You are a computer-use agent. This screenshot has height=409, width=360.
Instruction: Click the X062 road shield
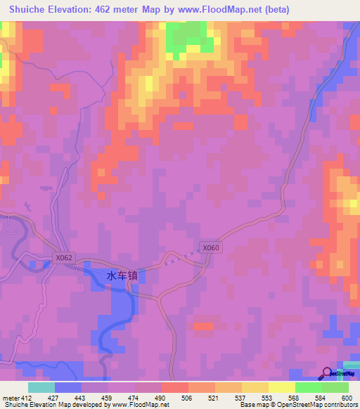(63, 258)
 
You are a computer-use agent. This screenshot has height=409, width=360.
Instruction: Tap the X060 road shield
(211, 247)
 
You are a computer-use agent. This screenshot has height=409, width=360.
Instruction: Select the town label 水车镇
(122, 276)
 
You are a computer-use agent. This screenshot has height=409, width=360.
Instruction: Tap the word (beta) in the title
(274, 10)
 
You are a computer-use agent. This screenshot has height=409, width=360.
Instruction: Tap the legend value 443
(81, 398)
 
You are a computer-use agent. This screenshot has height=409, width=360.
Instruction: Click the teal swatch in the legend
(41, 387)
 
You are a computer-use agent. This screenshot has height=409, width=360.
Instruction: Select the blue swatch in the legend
(67, 387)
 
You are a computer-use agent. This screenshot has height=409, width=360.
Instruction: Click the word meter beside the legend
(10, 398)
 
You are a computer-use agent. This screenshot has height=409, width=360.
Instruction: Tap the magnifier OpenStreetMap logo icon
(328, 374)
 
